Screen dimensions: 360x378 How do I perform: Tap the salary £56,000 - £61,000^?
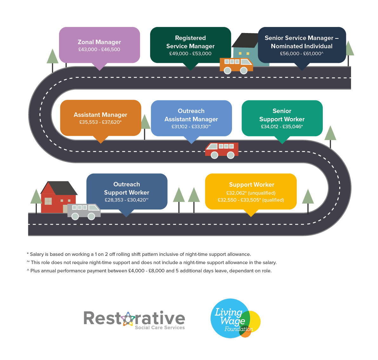[x=302, y=54]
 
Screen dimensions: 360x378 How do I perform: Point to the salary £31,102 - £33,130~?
[x=191, y=127]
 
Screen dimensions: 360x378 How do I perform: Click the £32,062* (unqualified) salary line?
[x=251, y=193]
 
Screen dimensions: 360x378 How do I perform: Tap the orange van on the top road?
[x=236, y=65]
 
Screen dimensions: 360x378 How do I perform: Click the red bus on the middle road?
[x=222, y=149]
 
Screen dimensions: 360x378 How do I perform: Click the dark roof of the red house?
[x=62, y=188]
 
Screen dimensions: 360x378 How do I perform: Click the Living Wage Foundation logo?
[x=235, y=318]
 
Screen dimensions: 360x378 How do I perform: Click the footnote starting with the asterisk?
[x=139, y=254]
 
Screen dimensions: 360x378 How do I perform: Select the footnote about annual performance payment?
[x=149, y=271]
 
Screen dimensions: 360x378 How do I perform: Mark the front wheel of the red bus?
[x=215, y=155]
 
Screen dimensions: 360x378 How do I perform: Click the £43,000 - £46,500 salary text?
[x=99, y=50]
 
